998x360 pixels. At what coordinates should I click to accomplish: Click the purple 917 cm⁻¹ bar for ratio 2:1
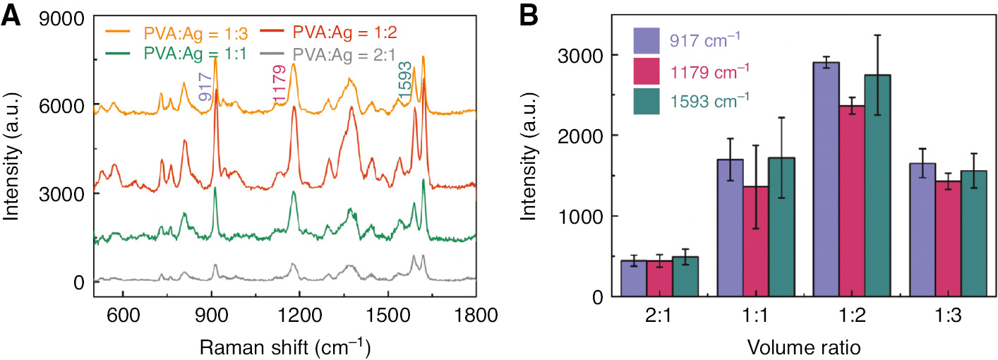634,279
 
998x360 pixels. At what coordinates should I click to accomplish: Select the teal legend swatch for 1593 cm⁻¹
647,100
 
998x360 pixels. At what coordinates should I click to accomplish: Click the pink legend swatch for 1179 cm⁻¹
647,71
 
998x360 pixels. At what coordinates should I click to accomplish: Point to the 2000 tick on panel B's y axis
577,136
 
